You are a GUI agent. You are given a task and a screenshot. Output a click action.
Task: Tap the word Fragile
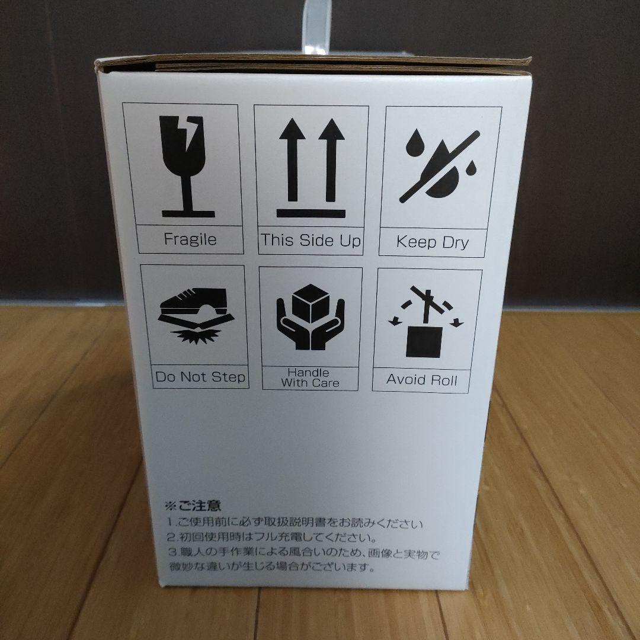pyautogui.click(x=190, y=240)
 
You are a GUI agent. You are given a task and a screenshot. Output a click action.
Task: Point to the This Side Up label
pyautogui.click(x=311, y=240)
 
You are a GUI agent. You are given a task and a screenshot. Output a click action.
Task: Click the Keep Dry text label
pyautogui.click(x=433, y=242)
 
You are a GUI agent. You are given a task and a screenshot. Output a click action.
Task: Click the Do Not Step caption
pyautogui.click(x=200, y=377)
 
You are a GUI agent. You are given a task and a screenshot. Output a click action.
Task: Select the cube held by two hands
pyautogui.click(x=311, y=303)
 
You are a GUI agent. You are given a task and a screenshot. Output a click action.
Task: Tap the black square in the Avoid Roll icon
pyautogui.click(x=423, y=342)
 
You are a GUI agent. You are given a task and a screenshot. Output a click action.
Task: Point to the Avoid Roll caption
pyautogui.click(x=422, y=379)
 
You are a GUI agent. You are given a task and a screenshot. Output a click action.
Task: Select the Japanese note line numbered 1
pyautogui.click(x=295, y=524)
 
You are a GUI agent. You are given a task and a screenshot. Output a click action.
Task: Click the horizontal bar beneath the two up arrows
pyautogui.click(x=311, y=213)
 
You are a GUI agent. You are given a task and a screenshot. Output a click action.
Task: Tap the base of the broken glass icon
pyautogui.click(x=188, y=213)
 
